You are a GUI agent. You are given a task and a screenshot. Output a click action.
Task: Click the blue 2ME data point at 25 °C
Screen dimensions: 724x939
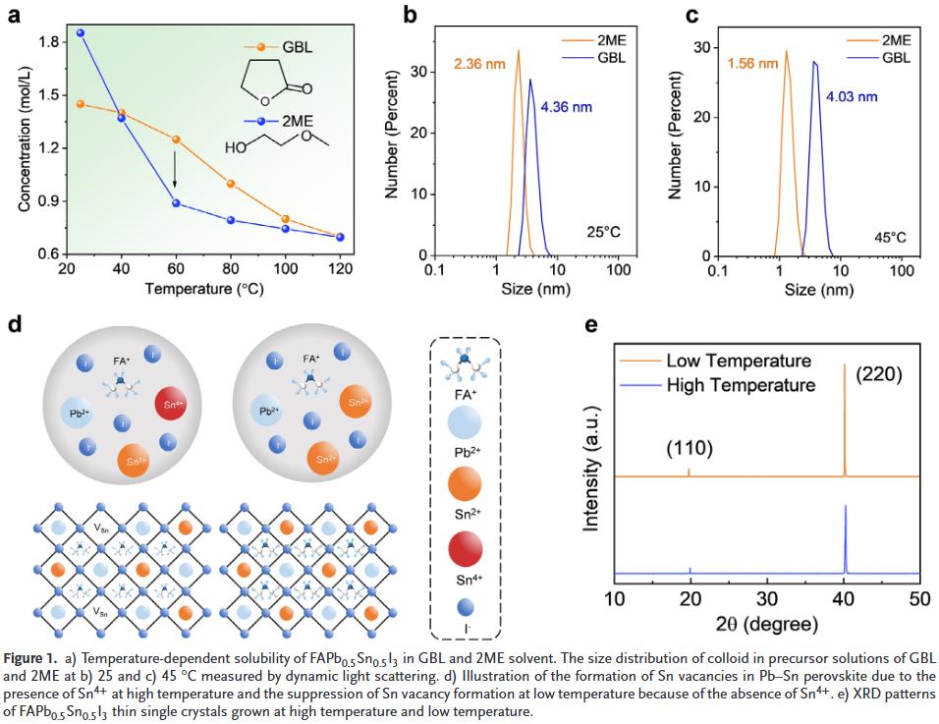pos(81,32)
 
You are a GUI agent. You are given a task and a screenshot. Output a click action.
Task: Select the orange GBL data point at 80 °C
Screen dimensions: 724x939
pos(231,184)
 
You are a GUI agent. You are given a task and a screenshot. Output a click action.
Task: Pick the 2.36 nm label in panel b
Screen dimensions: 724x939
pos(479,66)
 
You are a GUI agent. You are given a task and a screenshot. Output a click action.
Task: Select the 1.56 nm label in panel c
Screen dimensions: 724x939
pos(754,64)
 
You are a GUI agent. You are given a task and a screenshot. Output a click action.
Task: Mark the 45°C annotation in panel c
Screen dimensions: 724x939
pos(890,237)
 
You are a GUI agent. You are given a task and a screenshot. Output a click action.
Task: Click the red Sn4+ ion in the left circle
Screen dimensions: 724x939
pos(170,403)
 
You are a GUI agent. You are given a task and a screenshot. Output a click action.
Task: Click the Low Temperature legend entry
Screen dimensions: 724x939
pos(739,360)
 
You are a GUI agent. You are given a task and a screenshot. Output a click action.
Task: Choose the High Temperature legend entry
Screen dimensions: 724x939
pos(741,384)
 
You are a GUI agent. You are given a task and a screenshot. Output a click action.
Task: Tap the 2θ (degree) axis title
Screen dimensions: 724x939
pos(767,623)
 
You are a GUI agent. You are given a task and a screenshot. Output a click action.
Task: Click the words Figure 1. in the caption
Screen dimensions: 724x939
pos(33,655)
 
